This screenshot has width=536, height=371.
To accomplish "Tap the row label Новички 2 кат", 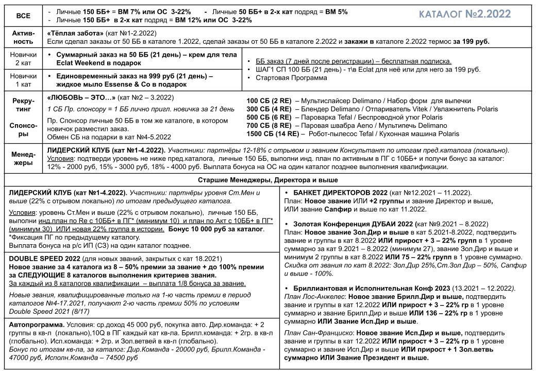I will point(23,58).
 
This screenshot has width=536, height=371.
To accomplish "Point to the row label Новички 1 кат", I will point(23,79).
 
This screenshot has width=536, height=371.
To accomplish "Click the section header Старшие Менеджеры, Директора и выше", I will point(268,180).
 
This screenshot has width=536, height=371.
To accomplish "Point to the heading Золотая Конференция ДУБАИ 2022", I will point(354,224).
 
